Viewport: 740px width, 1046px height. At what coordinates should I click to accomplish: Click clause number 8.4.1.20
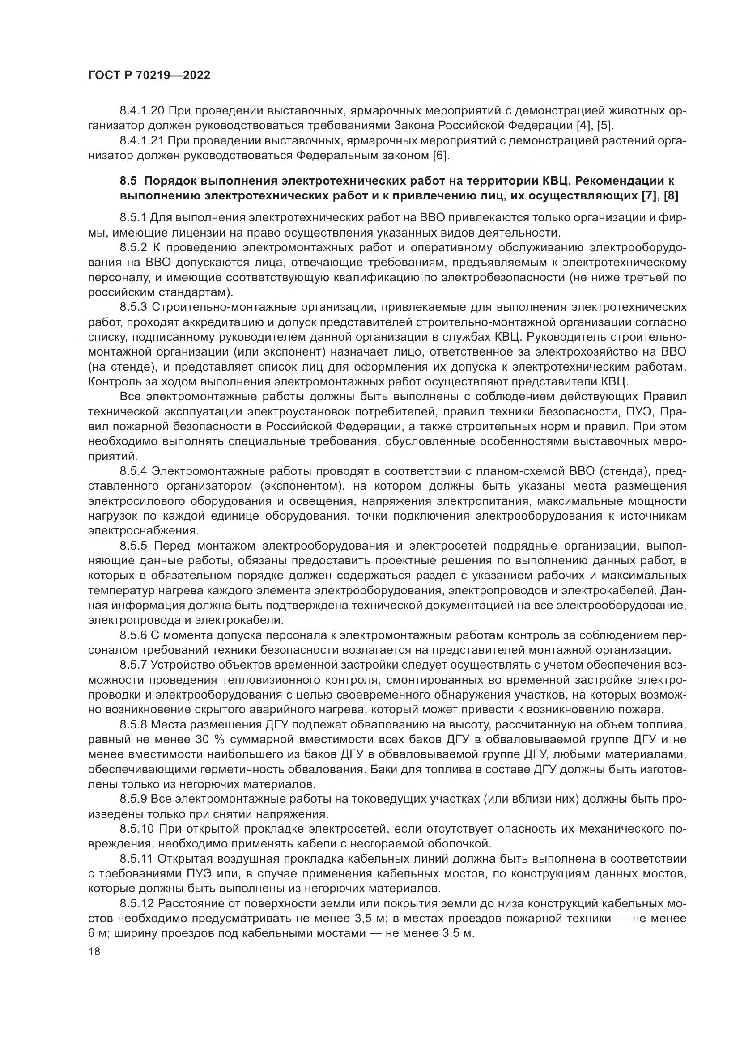coord(141,111)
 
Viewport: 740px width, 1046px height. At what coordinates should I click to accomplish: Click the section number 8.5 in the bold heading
coord(128,181)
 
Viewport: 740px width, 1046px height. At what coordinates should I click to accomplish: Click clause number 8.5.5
coord(133,545)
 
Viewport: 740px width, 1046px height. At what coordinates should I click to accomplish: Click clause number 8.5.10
coord(136,829)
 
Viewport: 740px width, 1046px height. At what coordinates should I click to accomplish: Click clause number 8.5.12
coord(136,903)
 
